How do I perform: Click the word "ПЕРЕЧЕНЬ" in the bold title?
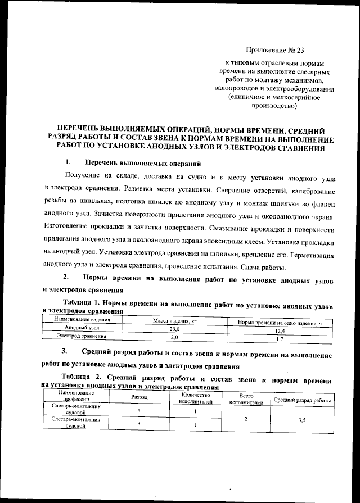point(84,128)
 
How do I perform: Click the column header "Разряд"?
point(139,397)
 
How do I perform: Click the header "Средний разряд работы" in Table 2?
point(301,399)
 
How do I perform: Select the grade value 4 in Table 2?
point(138,411)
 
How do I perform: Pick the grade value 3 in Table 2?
point(138,424)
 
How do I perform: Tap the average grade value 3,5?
point(301,419)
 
